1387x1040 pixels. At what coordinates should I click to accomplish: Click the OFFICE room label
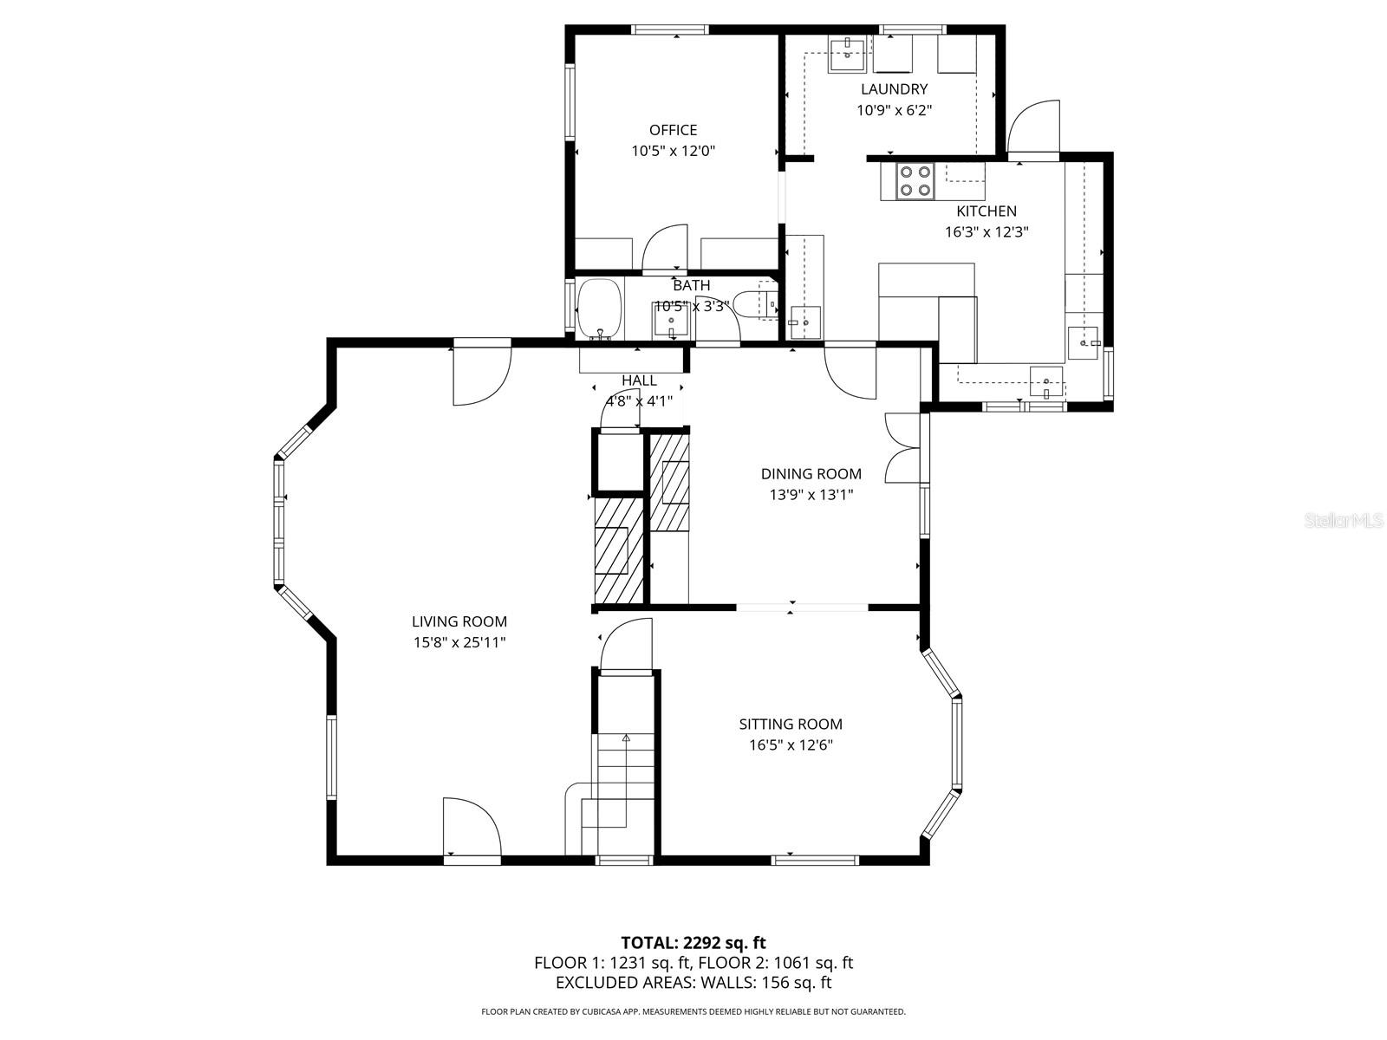click(673, 130)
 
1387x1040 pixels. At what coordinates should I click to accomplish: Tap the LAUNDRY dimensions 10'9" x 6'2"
click(894, 110)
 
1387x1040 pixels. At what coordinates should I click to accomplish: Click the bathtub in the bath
click(600, 309)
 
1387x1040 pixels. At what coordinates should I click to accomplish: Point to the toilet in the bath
click(752, 303)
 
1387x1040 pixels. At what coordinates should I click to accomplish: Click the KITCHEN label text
click(986, 211)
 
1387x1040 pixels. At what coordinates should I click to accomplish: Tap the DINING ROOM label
click(811, 473)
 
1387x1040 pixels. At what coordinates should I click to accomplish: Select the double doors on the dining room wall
click(902, 448)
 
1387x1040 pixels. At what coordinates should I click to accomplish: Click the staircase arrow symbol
click(626, 738)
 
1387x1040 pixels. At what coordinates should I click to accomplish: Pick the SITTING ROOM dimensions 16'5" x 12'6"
click(791, 745)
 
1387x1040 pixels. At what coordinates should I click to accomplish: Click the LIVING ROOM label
click(459, 621)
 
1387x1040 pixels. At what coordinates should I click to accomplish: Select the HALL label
click(639, 380)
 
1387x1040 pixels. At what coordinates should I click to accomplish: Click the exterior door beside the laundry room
click(1034, 130)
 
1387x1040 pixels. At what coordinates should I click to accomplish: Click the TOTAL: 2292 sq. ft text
click(693, 942)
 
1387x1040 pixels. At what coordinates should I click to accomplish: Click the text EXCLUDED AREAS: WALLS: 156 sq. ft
click(693, 983)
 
